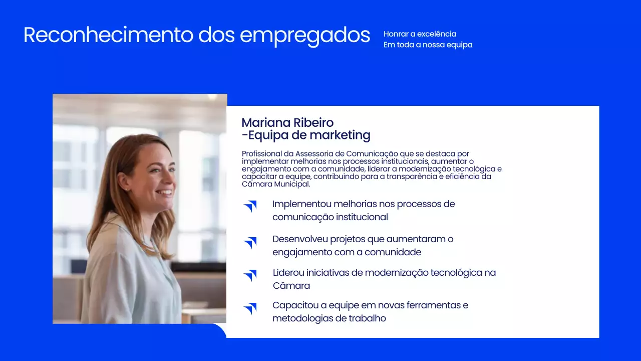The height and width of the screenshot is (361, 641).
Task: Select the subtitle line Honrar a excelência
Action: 420,34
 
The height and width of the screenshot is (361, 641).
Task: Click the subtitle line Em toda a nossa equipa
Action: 428,45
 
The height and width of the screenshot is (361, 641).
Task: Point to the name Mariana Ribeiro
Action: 287,123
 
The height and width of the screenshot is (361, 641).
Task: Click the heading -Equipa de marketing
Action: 306,135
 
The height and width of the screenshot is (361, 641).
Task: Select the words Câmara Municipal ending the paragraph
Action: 276,184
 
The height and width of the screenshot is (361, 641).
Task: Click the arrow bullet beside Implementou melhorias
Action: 250,206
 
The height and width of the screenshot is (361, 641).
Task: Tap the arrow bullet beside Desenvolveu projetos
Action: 250,243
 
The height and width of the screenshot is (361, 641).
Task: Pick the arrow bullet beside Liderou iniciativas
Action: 250,275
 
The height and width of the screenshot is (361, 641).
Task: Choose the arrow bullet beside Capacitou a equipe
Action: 250,308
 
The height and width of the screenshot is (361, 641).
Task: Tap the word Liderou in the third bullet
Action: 288,273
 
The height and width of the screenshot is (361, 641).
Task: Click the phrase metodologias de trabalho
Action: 329,318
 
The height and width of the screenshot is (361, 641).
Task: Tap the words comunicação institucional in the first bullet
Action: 330,217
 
